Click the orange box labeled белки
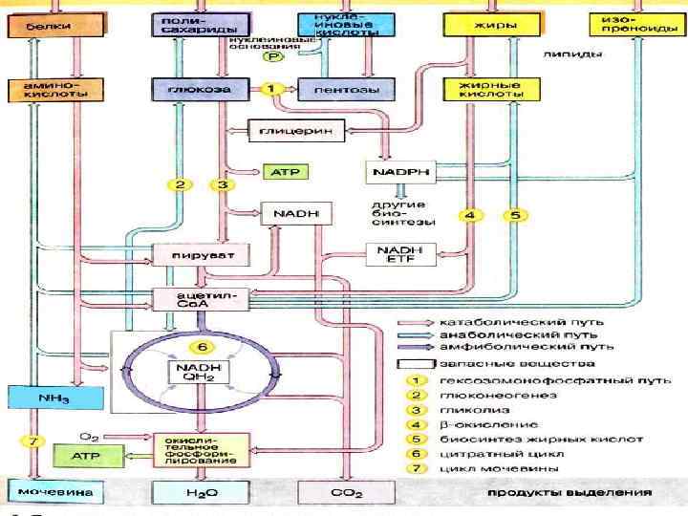click(40, 26)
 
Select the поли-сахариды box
click(188, 25)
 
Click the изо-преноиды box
click(630, 25)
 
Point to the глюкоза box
click(188, 89)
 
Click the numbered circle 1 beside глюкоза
click(271, 89)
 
